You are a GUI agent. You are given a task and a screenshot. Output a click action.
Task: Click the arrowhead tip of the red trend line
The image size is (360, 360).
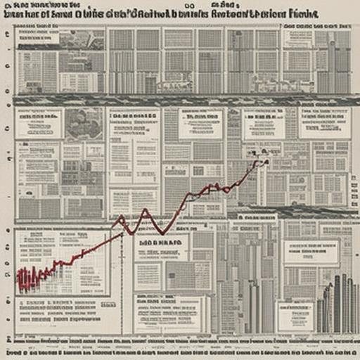266,162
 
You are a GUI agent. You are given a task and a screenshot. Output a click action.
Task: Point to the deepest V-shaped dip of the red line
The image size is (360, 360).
161,233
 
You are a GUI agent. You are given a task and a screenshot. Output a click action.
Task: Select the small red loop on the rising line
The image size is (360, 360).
225,188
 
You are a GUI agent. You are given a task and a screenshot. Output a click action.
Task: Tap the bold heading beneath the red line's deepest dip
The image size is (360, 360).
160,243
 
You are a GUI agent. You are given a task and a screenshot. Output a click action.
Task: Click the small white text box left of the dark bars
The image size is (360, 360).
296,316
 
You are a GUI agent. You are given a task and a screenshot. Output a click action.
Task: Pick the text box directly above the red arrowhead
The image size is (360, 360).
264,124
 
